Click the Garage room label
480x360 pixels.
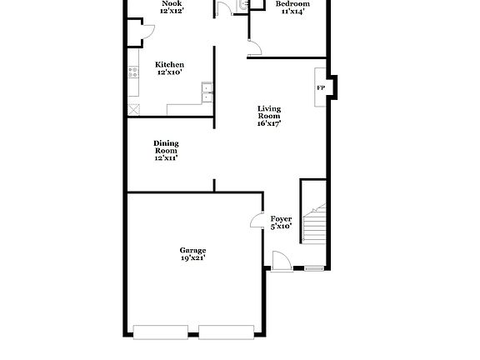pos(192,250)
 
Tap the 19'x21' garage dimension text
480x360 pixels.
pos(192,258)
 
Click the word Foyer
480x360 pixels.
pos(281,218)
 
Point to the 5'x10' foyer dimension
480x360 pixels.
pos(281,226)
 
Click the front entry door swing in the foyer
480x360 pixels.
pos(279,262)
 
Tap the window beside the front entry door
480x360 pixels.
pos(314,268)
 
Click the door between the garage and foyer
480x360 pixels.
pos(257,220)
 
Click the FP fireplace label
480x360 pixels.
pos(320,87)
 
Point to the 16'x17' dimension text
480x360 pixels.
pos(268,124)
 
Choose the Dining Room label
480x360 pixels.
pos(166,147)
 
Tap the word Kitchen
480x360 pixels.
pos(169,64)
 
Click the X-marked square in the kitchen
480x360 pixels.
pos(132,109)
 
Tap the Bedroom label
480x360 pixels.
pos(292,4)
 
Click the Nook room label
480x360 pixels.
pos(172,3)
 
